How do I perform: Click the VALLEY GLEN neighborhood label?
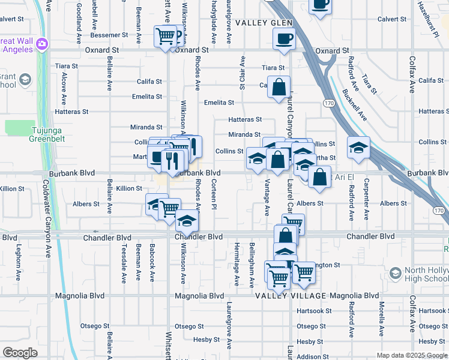tap(264, 23)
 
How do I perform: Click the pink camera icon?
tap(41, 44)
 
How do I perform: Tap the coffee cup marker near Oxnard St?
tap(284, 39)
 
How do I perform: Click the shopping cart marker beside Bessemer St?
tap(167, 35)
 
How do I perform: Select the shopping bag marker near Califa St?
tap(279, 88)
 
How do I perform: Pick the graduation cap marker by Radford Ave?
tap(358, 148)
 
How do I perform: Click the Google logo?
tap(20, 353)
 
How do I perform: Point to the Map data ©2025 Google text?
tap(412, 355)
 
